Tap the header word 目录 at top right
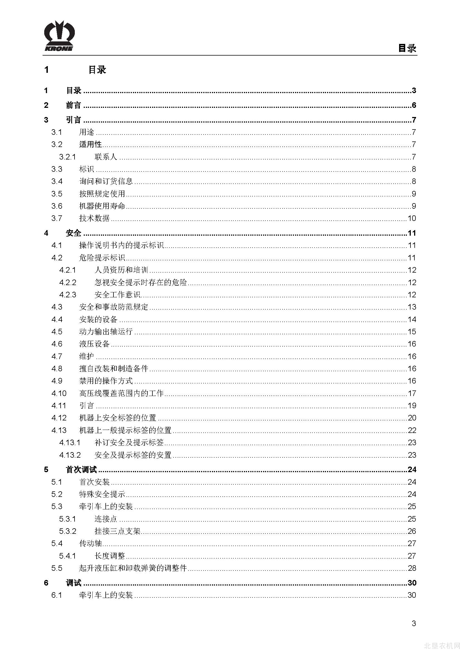coord(407,48)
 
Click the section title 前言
coord(73,105)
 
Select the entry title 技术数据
coord(94,218)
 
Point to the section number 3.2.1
coord(67,157)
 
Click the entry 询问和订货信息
coord(106,181)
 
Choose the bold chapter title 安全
coord(73,233)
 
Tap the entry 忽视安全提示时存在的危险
coord(141,283)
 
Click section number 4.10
coord(59,393)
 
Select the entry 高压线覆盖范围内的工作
coord(122,393)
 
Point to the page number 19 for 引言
coord(412,406)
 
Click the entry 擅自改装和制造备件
coord(113,368)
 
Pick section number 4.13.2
coord(70,455)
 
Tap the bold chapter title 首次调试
coord(81,470)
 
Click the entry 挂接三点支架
coord(118,531)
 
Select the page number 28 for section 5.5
coord(412,568)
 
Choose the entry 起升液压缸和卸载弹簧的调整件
coord(133,568)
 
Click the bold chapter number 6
coord(46,583)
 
